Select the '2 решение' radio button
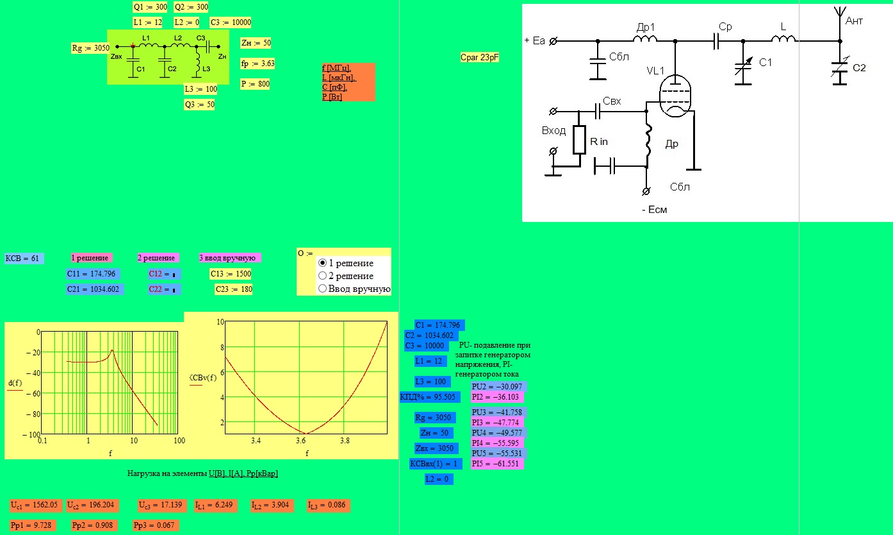point(322,276)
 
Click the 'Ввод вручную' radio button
point(322,289)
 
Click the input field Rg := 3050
point(90,48)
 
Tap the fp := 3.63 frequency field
point(258,64)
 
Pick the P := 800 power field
point(255,84)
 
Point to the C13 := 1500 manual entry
point(231,274)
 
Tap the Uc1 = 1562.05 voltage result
point(34,505)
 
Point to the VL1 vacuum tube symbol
point(675,96)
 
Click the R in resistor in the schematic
point(579,140)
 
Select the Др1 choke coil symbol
point(644,38)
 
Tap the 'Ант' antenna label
point(854,21)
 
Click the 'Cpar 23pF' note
point(480,58)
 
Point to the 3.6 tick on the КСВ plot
point(300,441)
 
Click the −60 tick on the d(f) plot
point(33,394)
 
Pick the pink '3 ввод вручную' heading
point(227,258)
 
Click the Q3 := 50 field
point(199,105)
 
